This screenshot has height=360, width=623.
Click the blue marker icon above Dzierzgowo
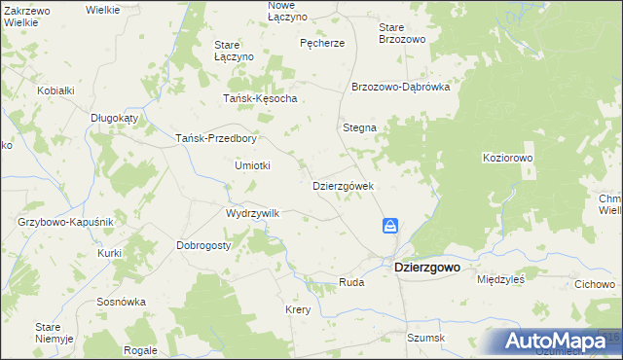click(x=390, y=226)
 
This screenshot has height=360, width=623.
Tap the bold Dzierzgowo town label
click(x=426, y=266)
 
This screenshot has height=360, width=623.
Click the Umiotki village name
click(x=252, y=165)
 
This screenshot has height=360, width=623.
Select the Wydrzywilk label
click(x=252, y=213)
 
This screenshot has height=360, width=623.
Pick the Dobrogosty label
click(x=203, y=245)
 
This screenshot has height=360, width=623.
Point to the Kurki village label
click(x=109, y=253)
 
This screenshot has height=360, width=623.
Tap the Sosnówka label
click(x=121, y=302)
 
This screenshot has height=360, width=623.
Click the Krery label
click(x=297, y=309)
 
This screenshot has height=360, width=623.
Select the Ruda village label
click(x=350, y=282)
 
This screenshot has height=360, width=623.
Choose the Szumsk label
click(x=425, y=338)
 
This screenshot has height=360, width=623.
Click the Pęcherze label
click(x=322, y=43)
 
